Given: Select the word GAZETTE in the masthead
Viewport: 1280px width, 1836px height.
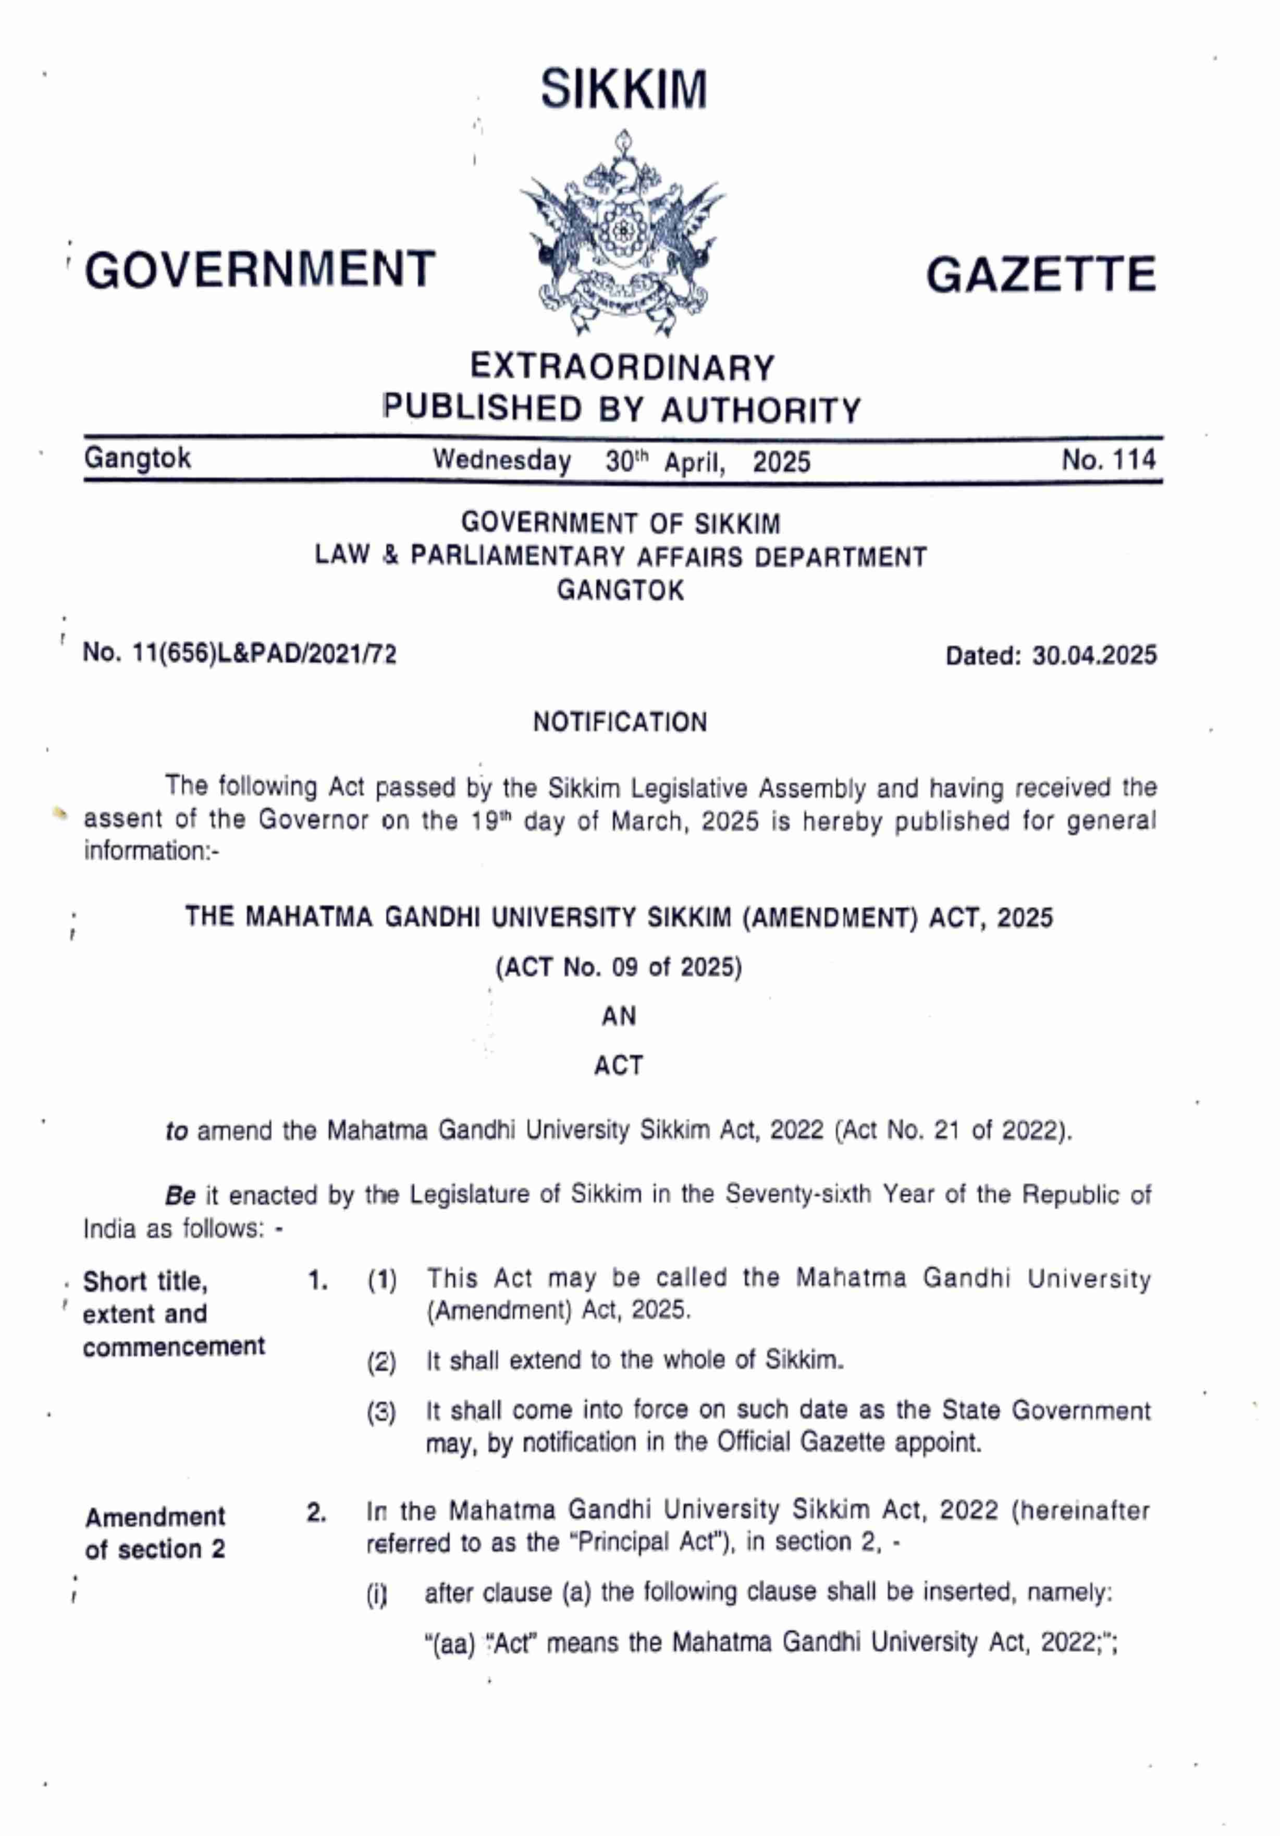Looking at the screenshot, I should pyautogui.click(x=1041, y=275).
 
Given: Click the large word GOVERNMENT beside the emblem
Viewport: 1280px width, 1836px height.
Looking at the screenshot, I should pyautogui.click(x=261, y=269).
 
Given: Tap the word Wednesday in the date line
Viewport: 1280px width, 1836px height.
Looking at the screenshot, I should pyautogui.click(x=502, y=461).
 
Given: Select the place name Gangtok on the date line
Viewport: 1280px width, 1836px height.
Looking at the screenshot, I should pyautogui.click(x=138, y=458).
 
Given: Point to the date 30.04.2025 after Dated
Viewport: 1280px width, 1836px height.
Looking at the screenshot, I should pyautogui.click(x=1094, y=656).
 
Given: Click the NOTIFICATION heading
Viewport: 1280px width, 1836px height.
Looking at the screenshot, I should pyautogui.click(x=620, y=722).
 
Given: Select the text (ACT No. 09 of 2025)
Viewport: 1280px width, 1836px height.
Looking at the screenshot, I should pyautogui.click(x=619, y=968).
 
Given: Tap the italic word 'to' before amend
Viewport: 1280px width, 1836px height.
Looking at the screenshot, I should pyautogui.click(x=176, y=1131).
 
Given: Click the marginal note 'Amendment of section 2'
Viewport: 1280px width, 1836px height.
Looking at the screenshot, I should pyautogui.click(x=155, y=1533).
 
